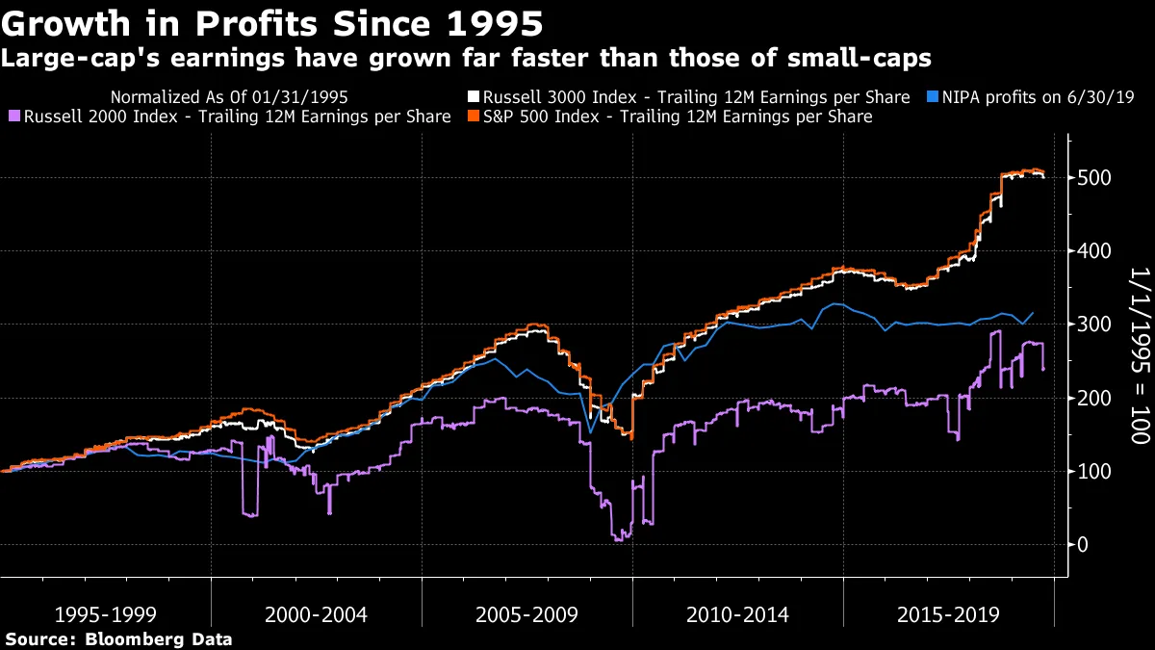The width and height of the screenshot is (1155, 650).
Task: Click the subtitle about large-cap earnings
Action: (x=466, y=59)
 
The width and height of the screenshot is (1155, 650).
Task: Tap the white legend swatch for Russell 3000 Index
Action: (x=474, y=97)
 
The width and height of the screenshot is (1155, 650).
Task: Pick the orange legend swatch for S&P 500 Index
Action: (x=474, y=117)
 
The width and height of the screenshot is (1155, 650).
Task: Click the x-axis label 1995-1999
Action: (x=105, y=614)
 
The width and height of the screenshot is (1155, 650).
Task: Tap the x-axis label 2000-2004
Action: (x=316, y=614)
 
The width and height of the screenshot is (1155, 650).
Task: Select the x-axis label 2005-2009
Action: (x=526, y=614)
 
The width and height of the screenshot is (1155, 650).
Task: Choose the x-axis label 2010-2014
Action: (x=737, y=614)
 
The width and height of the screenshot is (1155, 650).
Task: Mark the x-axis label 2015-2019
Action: (x=948, y=614)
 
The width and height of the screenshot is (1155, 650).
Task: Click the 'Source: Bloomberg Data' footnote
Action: (x=118, y=638)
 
